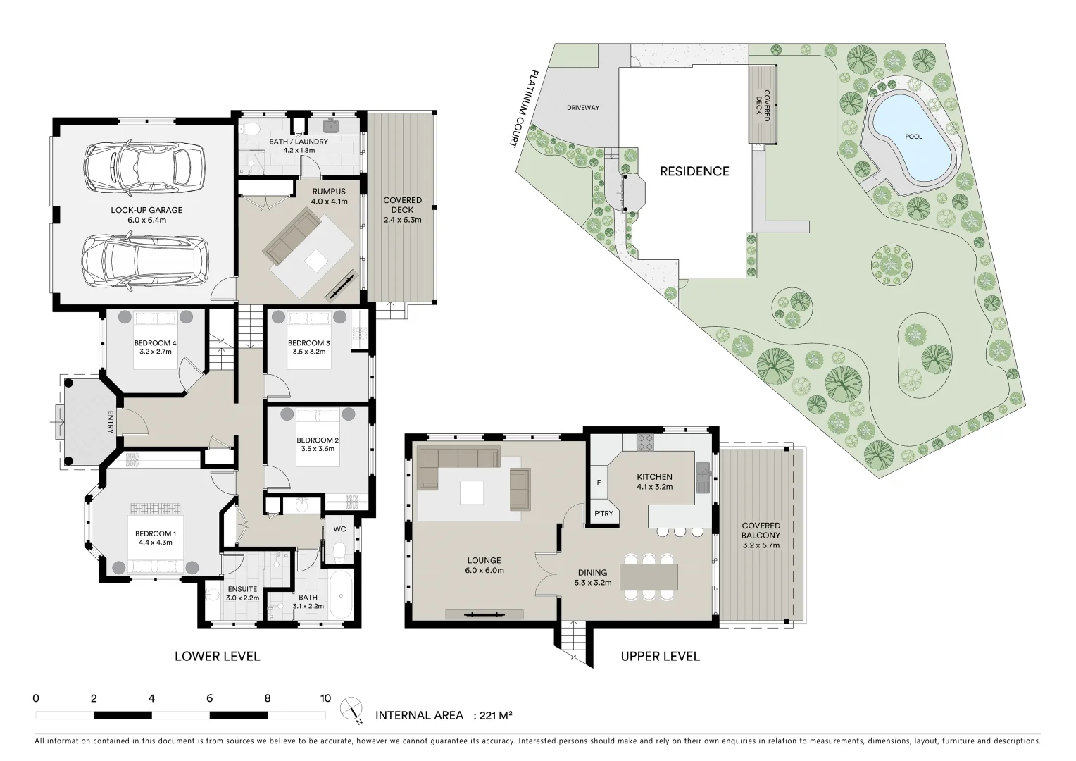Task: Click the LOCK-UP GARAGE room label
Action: tap(146, 210)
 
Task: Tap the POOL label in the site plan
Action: tap(913, 137)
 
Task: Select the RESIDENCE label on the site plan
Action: tap(694, 171)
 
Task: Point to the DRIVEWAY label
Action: tap(582, 108)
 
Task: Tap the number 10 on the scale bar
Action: tap(325, 699)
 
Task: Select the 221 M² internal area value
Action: tap(495, 716)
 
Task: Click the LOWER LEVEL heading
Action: tap(217, 657)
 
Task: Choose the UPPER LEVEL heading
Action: tap(660, 657)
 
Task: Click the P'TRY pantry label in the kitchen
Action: tap(604, 514)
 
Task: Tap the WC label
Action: tap(339, 528)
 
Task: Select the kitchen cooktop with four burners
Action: tap(645, 443)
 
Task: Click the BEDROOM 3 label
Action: tap(309, 343)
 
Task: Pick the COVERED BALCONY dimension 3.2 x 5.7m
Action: tap(761, 545)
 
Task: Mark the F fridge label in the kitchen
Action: tap(599, 483)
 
